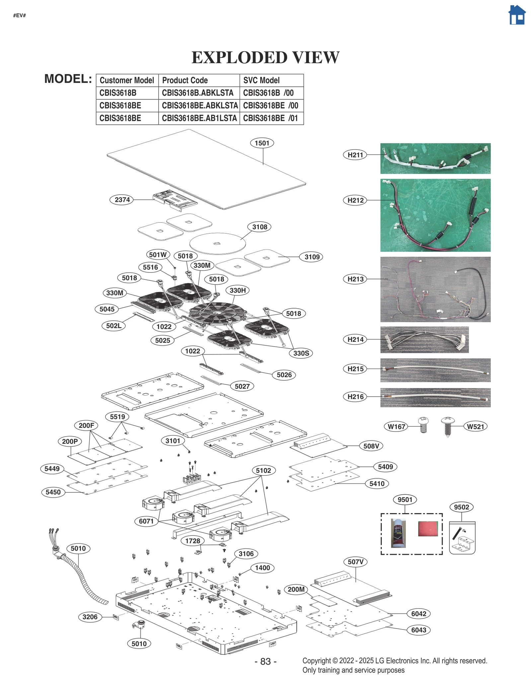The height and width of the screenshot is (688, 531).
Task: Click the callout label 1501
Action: point(262,143)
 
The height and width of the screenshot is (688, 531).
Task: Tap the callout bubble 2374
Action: point(122,200)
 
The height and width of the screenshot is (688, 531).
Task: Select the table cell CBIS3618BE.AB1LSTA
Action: point(199,118)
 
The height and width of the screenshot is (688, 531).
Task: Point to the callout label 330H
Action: point(238,290)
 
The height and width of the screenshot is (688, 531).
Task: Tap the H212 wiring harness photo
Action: point(435,215)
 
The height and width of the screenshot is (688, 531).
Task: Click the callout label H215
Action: point(355,369)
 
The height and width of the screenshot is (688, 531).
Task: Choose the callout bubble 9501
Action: point(405,500)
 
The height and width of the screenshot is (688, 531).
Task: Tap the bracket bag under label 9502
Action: point(462,538)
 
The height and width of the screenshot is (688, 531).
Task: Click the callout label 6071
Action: point(146,521)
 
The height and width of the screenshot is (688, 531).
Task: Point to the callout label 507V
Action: point(355,562)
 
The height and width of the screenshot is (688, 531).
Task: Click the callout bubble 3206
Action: point(90,617)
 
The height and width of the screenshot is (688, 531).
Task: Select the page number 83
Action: point(265,661)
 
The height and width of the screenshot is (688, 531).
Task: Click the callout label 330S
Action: point(301,353)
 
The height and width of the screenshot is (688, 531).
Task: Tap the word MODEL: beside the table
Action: point(68,79)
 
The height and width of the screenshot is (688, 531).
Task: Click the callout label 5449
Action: point(52,469)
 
